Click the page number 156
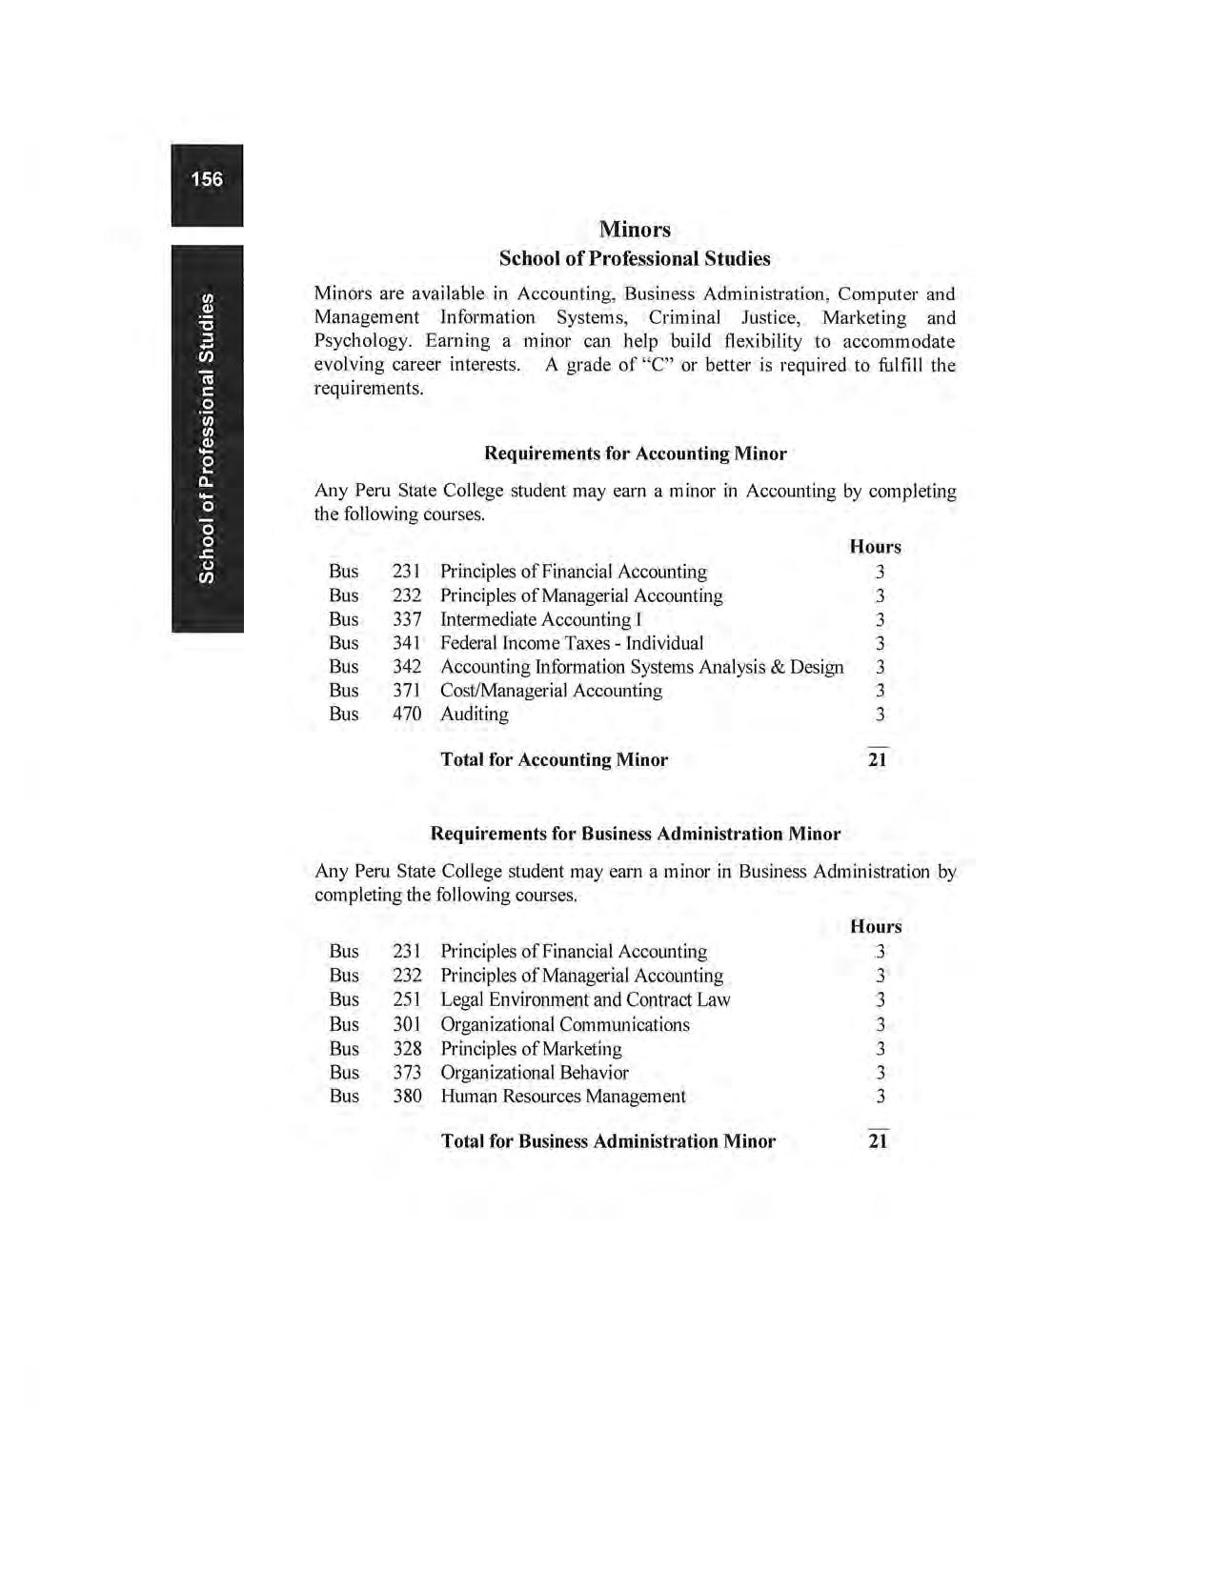(207, 179)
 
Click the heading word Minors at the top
(635, 230)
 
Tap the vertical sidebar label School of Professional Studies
(206, 438)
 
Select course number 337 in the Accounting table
(407, 619)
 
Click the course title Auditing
(475, 714)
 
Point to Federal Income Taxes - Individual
(572, 643)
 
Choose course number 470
(407, 714)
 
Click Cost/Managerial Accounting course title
(551, 691)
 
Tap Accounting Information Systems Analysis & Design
(641, 667)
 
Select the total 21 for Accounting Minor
(878, 759)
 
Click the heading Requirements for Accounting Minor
(636, 453)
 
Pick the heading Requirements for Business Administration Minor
(636, 834)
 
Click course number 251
(407, 999)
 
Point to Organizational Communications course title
(565, 1024)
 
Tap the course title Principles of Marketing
(531, 1048)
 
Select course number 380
(407, 1096)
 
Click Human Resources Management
(563, 1096)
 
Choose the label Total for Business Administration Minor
(608, 1141)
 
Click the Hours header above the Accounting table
(875, 547)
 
